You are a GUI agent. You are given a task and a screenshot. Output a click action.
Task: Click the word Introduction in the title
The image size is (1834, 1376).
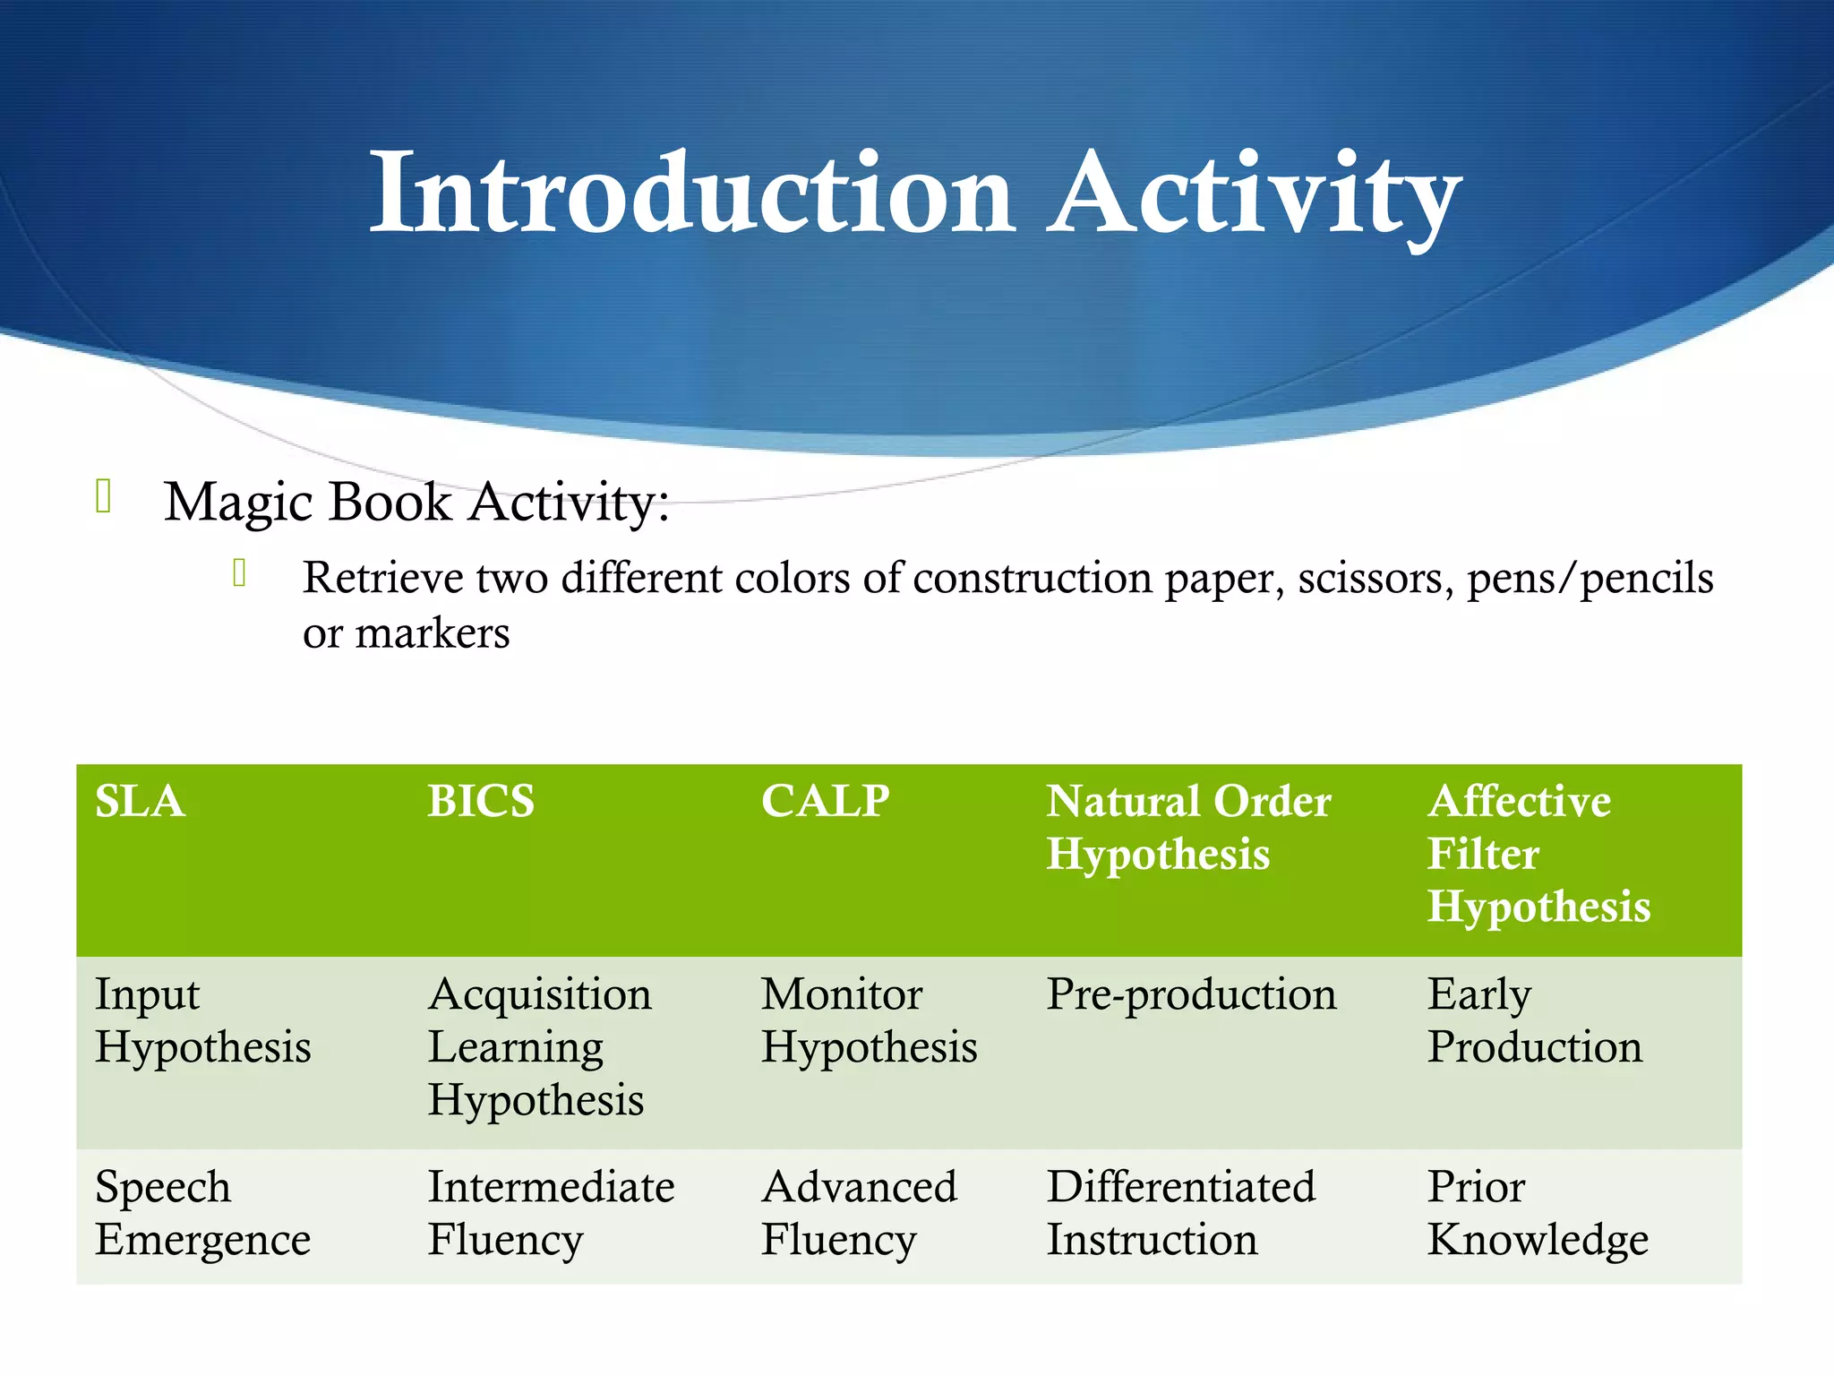(x=691, y=193)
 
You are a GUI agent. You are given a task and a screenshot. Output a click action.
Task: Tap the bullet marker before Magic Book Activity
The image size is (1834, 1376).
(x=103, y=496)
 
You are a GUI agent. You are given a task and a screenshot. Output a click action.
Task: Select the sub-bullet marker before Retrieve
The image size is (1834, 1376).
(x=239, y=572)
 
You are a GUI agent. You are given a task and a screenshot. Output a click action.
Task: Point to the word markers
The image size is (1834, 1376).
(x=433, y=633)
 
